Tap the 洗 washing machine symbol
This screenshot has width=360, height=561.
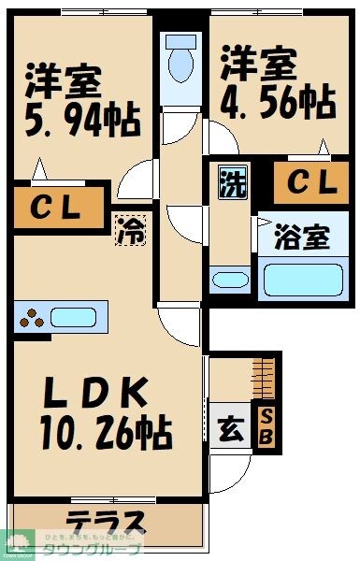point(230,180)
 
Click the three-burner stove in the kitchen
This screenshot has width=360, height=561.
point(31,318)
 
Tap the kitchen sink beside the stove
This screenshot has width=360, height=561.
point(75,317)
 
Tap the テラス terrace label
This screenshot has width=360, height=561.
point(105,521)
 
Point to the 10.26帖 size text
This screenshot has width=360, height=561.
point(104,432)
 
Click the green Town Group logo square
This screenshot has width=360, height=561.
point(18,543)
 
